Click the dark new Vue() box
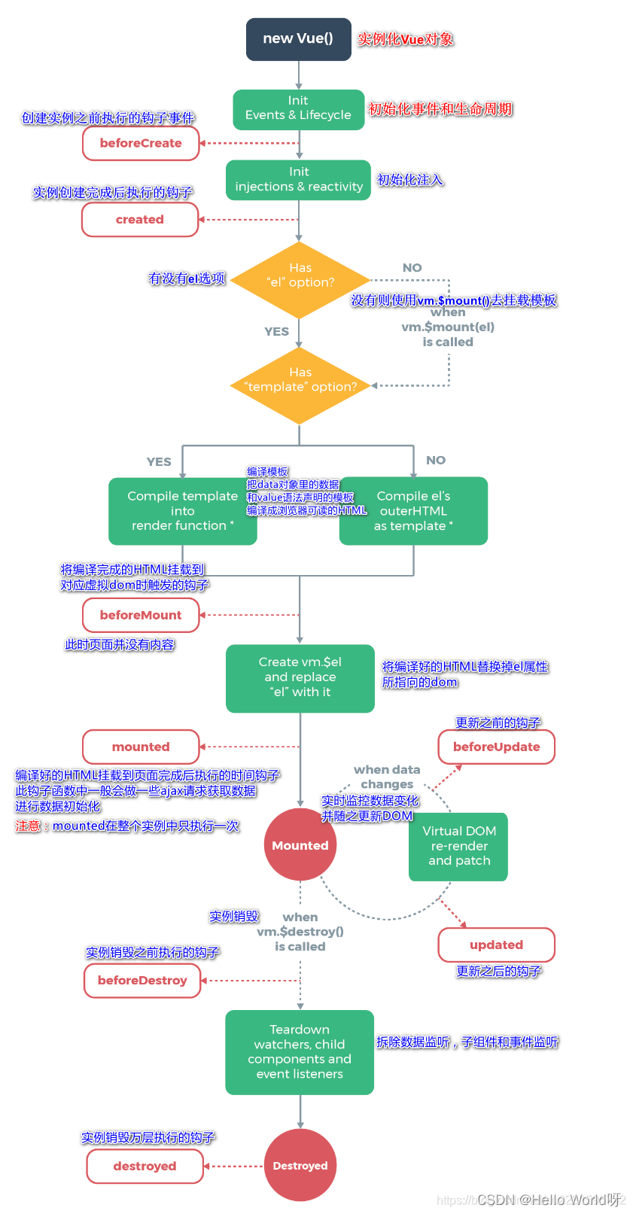(x=299, y=39)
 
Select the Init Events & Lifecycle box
(x=298, y=108)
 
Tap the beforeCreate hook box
(x=141, y=143)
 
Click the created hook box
(x=140, y=220)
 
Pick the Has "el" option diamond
(x=300, y=280)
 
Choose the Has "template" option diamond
(x=300, y=385)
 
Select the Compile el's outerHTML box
(x=413, y=512)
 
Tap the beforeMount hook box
(x=141, y=615)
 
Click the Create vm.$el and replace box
(x=300, y=677)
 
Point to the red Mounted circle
(x=300, y=845)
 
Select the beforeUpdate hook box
(x=496, y=747)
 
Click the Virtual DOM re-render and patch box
(x=458, y=846)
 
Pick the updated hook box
(x=496, y=945)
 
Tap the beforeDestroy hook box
(x=142, y=981)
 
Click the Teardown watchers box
(x=300, y=1052)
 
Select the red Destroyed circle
(x=300, y=1165)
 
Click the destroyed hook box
(x=145, y=1166)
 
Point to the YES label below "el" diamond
(x=276, y=331)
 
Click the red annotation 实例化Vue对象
(x=405, y=39)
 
